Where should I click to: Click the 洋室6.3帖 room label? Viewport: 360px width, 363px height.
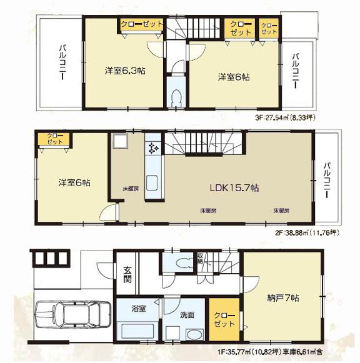coord(125,71)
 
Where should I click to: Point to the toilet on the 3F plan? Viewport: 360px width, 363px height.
coord(177,97)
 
